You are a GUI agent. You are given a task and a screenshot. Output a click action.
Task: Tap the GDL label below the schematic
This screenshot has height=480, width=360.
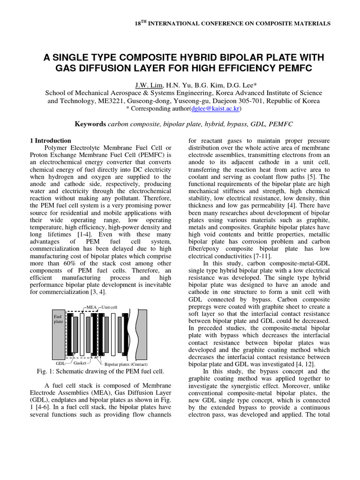(x=60, y=363)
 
